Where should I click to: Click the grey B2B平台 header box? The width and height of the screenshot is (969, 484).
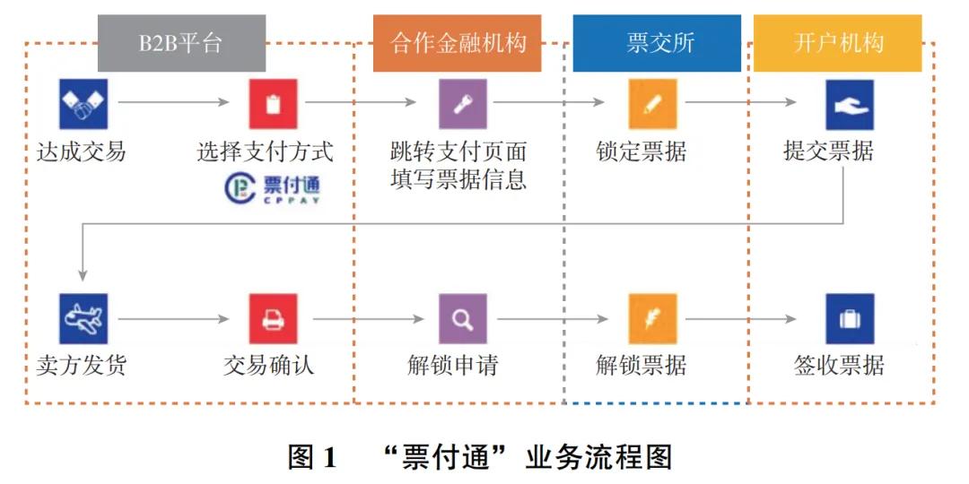click(x=181, y=43)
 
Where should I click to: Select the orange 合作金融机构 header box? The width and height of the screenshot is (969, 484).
click(x=457, y=43)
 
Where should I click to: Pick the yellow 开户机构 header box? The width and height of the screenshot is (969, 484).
click(x=837, y=43)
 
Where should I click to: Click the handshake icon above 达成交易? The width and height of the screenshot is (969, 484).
click(x=83, y=104)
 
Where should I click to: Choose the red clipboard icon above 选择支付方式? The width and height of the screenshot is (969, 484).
click(x=273, y=104)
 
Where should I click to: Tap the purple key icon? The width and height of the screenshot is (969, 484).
click(x=463, y=104)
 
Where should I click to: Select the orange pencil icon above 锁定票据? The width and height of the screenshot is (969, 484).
click(x=653, y=104)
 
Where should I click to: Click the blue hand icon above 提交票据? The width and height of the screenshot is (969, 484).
click(x=849, y=104)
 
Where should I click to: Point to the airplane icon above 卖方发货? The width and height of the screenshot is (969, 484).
click(x=83, y=318)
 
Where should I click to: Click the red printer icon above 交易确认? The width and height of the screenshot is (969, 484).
click(x=273, y=318)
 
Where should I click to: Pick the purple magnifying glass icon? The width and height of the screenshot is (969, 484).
click(x=463, y=318)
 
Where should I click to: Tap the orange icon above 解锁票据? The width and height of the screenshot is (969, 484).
click(x=653, y=318)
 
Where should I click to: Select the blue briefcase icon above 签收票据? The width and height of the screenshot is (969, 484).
click(x=849, y=318)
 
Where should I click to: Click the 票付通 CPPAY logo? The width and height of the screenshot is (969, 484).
click(x=272, y=188)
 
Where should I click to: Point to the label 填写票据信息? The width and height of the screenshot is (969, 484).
click(x=458, y=179)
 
